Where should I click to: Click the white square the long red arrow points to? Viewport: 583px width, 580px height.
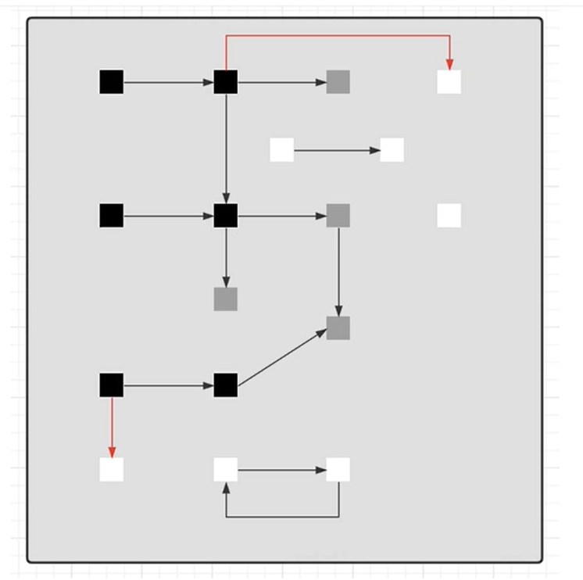coord(449,82)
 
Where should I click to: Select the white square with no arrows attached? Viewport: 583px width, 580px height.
coord(449,215)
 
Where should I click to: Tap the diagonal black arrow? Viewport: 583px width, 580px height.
coord(281,357)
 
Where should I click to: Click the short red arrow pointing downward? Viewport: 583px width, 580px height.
coord(112,426)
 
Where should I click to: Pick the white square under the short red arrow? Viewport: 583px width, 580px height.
coord(112,470)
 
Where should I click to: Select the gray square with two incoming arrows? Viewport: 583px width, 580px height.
coord(338,328)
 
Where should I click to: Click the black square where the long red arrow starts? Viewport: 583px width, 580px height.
coord(226,82)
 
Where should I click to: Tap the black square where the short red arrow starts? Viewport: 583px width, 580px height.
coord(112,385)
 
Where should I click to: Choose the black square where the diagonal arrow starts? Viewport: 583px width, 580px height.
coord(226,385)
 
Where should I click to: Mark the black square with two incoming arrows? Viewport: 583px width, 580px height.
coord(226,215)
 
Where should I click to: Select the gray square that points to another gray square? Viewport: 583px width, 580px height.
coord(338,215)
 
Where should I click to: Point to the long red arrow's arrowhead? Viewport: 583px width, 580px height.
coord(449,64)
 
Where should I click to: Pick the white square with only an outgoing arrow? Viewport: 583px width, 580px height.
coord(282,149)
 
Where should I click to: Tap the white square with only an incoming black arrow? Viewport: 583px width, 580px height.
coord(392,149)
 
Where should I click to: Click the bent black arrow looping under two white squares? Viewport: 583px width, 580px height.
coord(282,517)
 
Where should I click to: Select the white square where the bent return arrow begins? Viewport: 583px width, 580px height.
coord(338,470)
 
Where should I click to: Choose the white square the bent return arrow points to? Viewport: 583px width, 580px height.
coord(226,470)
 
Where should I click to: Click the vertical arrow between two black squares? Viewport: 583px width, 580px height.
coord(226,149)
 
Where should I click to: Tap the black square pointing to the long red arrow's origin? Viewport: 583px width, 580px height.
coord(112,82)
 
